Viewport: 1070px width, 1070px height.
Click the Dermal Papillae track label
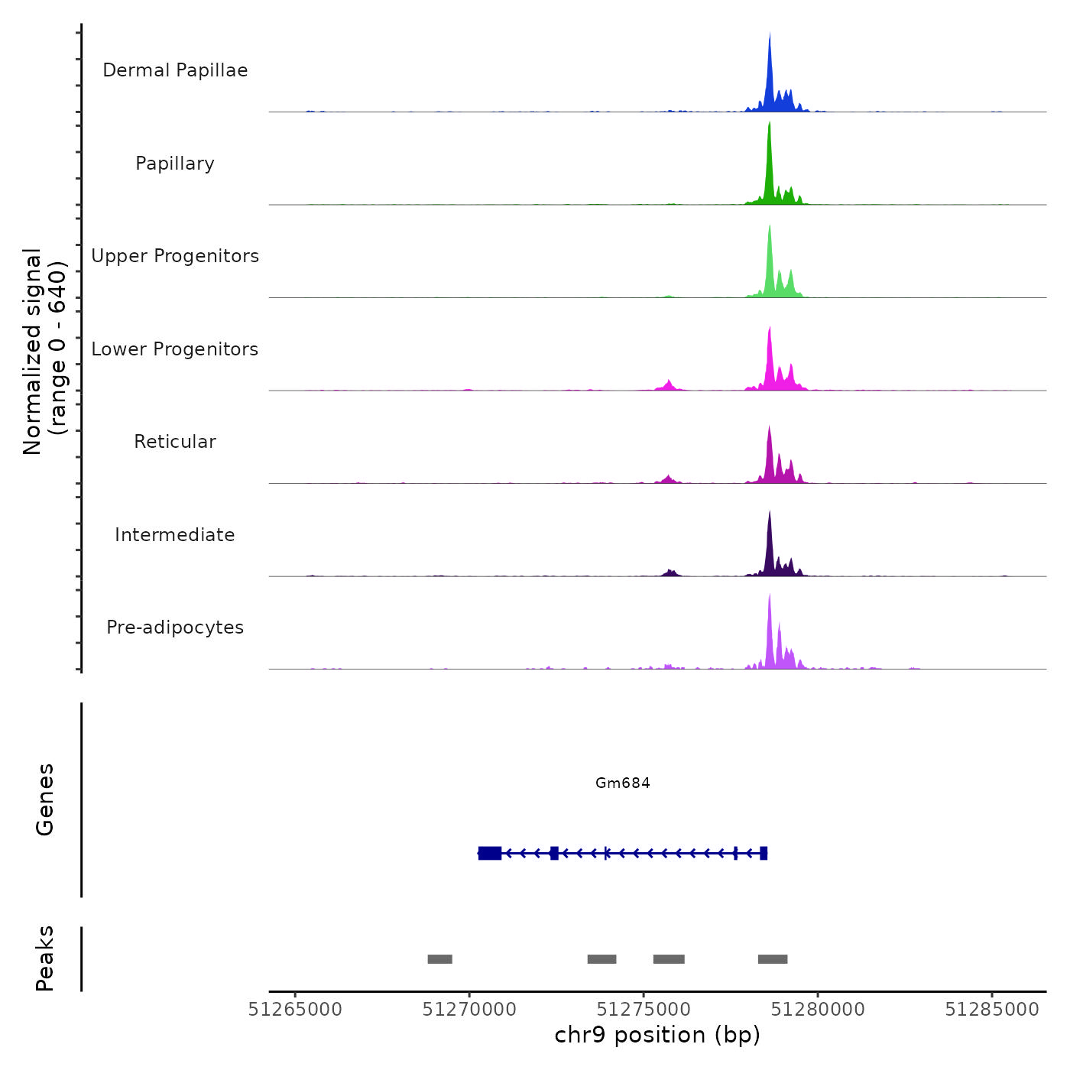coord(175,70)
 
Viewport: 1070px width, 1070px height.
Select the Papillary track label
coord(175,164)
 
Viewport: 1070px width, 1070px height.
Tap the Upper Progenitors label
coord(175,256)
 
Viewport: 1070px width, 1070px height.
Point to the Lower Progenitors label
coord(175,349)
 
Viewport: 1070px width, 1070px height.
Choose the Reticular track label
coord(175,442)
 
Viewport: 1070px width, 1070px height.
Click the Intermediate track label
coord(175,535)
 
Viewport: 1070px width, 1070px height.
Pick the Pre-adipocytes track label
coord(175,627)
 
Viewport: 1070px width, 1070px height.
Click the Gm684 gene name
coord(623,783)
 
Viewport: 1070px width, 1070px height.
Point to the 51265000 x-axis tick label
coord(295,1010)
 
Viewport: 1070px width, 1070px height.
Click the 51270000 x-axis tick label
coord(469,1010)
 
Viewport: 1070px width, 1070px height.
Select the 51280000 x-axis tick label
coord(818,1010)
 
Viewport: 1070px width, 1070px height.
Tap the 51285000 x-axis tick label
coord(992,1010)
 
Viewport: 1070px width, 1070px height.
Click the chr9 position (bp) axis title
coord(657,1035)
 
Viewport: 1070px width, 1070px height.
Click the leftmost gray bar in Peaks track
coord(439,959)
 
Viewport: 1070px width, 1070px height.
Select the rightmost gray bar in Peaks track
coord(773,959)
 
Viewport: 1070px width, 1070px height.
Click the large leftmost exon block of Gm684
coord(490,853)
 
